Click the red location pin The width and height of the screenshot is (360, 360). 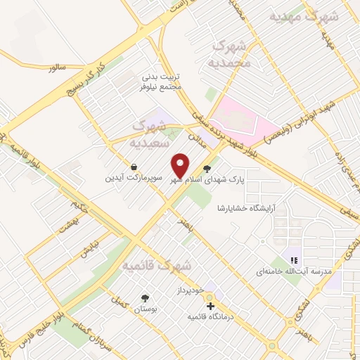[181, 165]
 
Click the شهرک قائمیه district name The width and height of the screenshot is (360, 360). [157, 266]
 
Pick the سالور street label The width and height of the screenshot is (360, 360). [57, 67]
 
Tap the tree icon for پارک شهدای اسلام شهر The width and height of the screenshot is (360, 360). [206, 168]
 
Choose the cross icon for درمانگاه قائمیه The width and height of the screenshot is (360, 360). [210, 306]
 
